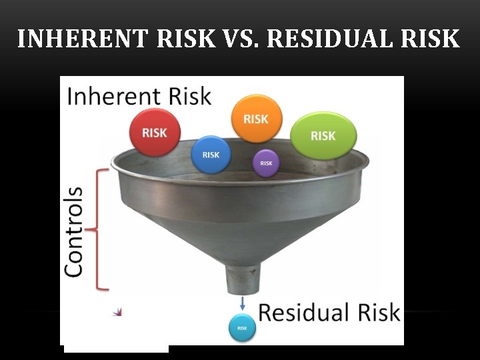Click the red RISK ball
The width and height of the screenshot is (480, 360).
(x=154, y=132)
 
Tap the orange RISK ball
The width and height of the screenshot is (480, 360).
(x=256, y=119)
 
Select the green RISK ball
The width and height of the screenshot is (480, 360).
(x=323, y=135)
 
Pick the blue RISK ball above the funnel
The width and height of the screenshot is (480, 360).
(x=211, y=155)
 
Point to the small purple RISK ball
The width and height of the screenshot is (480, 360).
(x=266, y=163)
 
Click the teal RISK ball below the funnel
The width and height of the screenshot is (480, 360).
(x=242, y=327)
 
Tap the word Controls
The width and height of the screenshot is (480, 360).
(x=74, y=231)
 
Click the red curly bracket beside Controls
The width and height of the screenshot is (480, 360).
(x=101, y=229)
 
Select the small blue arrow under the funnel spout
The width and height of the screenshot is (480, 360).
(x=242, y=304)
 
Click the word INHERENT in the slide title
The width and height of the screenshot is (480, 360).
(x=83, y=39)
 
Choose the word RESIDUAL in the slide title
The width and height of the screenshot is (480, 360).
(x=330, y=39)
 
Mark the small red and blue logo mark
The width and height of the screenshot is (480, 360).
(x=118, y=311)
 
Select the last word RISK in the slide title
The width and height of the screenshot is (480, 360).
(x=431, y=39)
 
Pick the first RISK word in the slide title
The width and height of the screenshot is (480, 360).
(x=187, y=39)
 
